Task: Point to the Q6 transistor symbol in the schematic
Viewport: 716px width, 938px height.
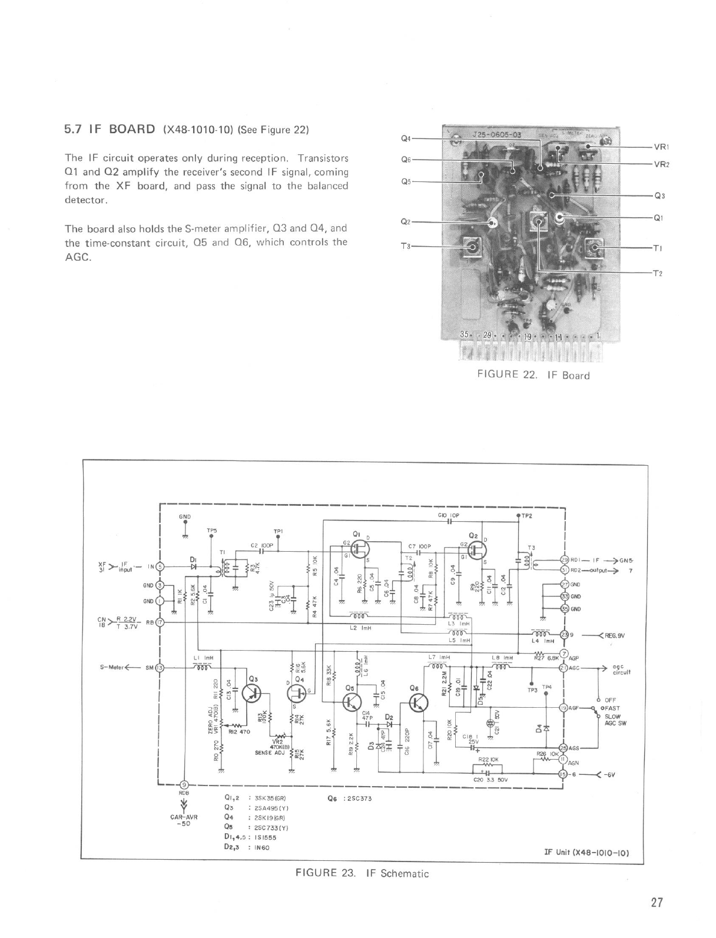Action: point(418,702)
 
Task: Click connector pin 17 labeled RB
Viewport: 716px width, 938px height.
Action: point(160,622)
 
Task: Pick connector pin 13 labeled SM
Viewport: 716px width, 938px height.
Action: point(160,668)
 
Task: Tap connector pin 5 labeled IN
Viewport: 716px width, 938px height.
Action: point(160,566)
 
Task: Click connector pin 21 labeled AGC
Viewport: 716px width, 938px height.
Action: point(563,668)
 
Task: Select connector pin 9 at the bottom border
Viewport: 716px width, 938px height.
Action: point(184,784)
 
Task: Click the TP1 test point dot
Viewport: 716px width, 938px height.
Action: point(279,537)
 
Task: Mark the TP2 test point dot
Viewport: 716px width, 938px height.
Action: point(518,516)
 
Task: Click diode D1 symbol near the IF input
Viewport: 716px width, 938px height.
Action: point(193,566)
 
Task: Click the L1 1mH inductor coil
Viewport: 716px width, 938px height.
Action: point(202,668)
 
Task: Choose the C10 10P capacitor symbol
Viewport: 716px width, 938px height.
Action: point(449,521)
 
